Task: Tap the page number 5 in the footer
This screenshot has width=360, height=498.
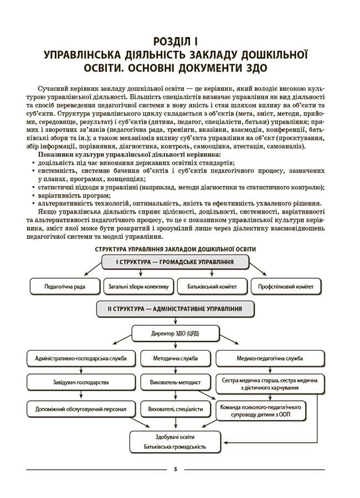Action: (175, 469)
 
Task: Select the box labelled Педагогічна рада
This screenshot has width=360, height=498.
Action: (65, 287)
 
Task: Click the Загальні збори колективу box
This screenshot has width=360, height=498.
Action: (138, 287)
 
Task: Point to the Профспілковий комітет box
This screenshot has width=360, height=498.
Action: (285, 287)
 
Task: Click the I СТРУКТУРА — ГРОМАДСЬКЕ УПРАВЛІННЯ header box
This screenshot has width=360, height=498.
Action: (174, 262)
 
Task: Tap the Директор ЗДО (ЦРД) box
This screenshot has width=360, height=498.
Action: (175, 334)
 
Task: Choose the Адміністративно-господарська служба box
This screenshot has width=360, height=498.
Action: (77, 359)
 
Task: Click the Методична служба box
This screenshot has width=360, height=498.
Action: (175, 359)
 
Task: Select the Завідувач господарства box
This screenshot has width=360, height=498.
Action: (77, 382)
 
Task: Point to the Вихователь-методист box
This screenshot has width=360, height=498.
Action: (175, 382)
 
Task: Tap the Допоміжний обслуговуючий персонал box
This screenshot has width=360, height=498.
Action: (77, 409)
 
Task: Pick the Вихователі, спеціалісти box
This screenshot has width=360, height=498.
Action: (175, 409)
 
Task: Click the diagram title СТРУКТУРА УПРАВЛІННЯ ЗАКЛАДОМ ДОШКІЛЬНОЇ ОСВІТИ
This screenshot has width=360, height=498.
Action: (175, 249)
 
